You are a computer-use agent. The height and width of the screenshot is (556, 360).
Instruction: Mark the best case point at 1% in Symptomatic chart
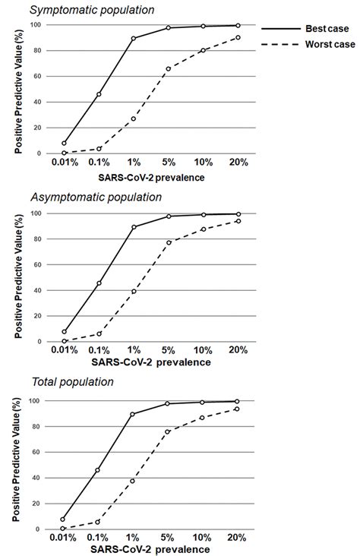[x=134, y=39]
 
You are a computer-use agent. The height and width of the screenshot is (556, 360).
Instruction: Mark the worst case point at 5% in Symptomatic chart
[x=169, y=68]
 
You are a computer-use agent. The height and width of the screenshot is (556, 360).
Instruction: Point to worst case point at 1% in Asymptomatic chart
[x=134, y=291]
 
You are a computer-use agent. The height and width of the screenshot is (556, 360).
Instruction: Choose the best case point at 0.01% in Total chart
[x=65, y=519]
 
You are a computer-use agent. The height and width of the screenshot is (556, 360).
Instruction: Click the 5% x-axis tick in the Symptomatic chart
[x=169, y=163]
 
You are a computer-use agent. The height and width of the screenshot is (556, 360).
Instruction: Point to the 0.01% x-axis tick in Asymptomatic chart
[x=65, y=350]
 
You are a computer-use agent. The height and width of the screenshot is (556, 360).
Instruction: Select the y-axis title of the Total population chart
[x=19, y=465]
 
